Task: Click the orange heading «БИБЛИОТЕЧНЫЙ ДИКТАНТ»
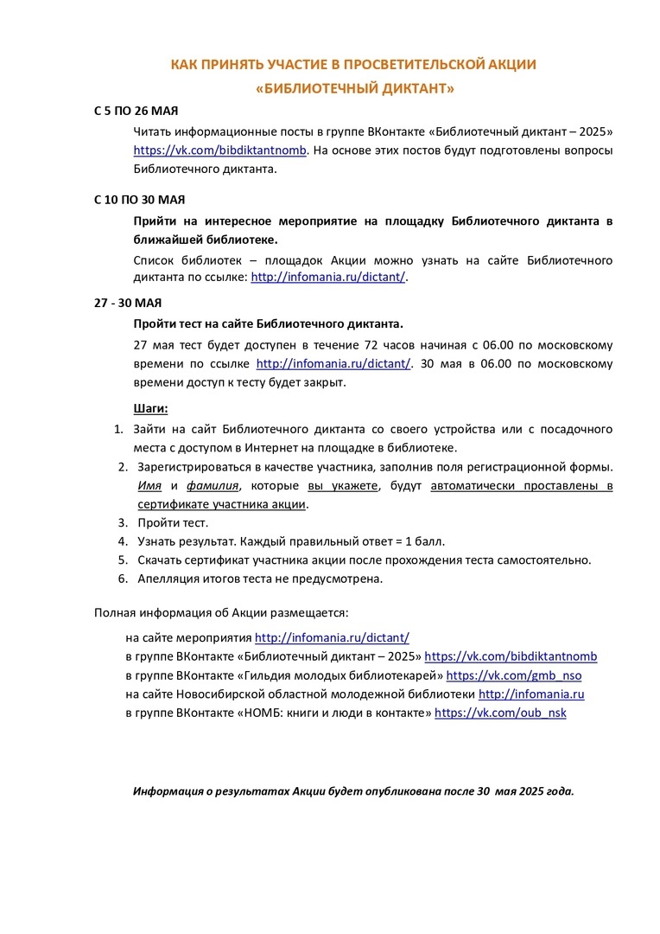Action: (355, 88)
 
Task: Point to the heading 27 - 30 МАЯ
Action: (128, 303)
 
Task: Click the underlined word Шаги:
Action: (151, 407)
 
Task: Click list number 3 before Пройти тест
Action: (122, 522)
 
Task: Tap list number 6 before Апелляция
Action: (122, 578)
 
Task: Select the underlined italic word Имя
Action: (149, 485)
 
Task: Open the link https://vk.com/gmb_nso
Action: (514, 675)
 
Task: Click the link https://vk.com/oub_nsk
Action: (500, 713)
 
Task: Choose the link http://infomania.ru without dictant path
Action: (531, 694)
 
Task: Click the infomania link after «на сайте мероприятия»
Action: (332, 637)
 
